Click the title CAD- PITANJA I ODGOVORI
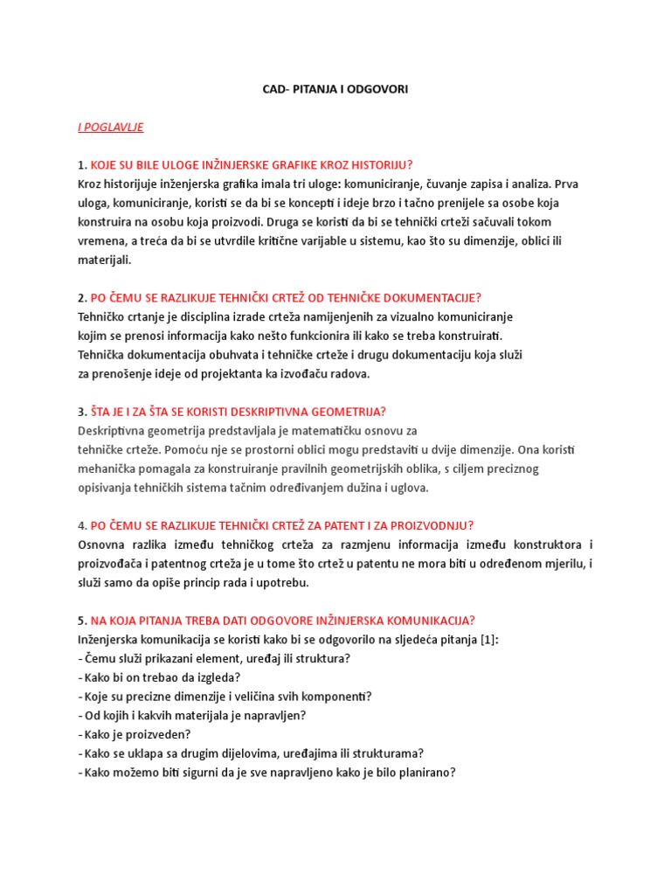tap(335, 89)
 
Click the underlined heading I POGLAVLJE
tap(110, 128)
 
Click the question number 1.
tap(82, 165)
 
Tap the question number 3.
tap(82, 412)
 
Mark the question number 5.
tap(82, 621)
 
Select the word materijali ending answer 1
tap(103, 260)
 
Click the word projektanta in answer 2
tap(211, 373)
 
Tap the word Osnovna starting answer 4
tap(103, 545)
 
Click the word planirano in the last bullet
tap(428, 773)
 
